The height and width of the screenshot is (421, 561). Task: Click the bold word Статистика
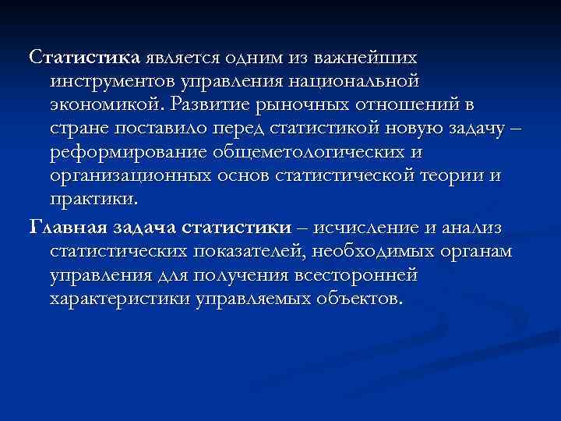[x=84, y=57]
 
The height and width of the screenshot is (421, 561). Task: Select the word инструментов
[x=111, y=80]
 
